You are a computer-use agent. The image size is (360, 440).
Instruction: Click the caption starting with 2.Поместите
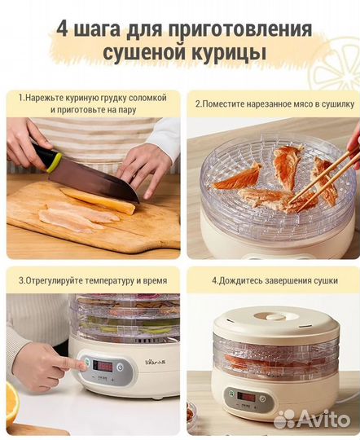click(274, 103)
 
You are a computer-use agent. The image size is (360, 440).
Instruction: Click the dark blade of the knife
click(94, 175)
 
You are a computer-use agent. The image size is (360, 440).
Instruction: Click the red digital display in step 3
click(103, 366)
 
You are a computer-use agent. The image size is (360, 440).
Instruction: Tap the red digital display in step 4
click(244, 398)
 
